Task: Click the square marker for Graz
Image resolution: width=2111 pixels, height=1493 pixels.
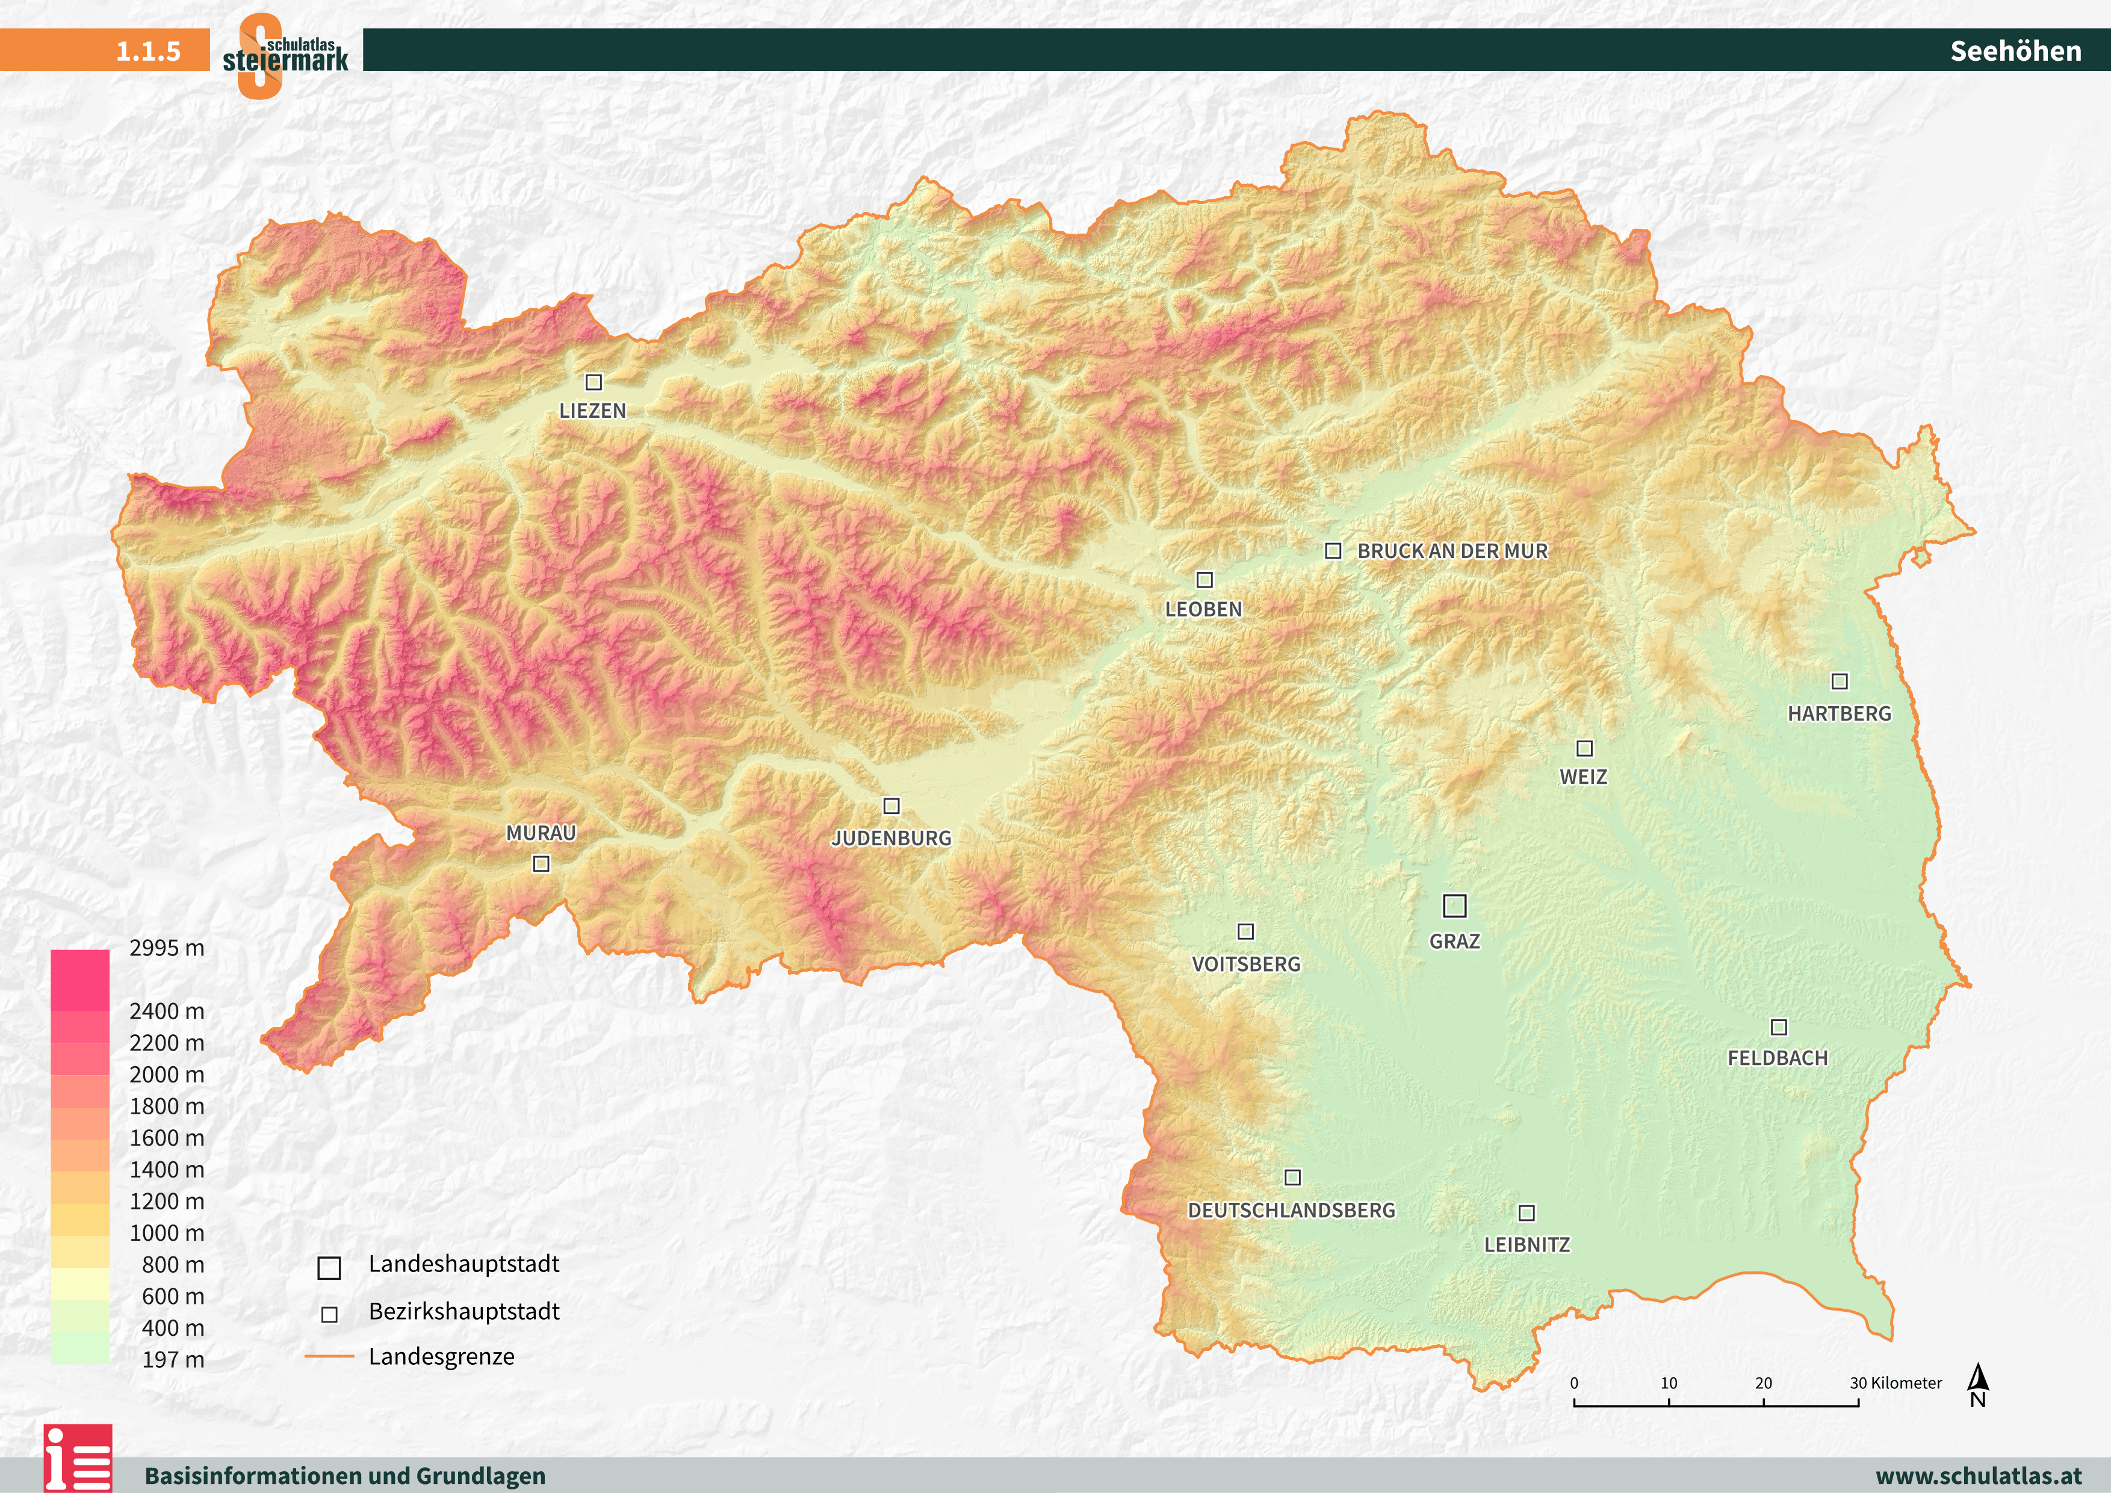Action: tap(1454, 905)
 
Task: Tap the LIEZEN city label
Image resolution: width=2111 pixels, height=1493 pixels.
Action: tap(592, 411)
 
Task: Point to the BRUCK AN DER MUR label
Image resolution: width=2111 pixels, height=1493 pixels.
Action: tap(1452, 551)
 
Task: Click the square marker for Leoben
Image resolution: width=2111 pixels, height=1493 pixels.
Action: tap(1204, 579)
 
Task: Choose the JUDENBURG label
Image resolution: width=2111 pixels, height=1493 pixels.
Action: tap(891, 837)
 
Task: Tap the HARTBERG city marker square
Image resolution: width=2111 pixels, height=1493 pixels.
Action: tap(1840, 681)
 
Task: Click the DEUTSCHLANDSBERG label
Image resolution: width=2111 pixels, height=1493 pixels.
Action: tap(1291, 1210)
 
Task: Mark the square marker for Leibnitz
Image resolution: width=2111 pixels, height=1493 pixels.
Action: tap(1527, 1212)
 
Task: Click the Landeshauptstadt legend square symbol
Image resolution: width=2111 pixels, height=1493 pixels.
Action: tap(329, 1268)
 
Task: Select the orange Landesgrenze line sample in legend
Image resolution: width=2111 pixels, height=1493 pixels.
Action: tap(329, 1356)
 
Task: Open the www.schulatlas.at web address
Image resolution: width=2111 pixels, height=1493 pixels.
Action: tap(1978, 1476)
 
